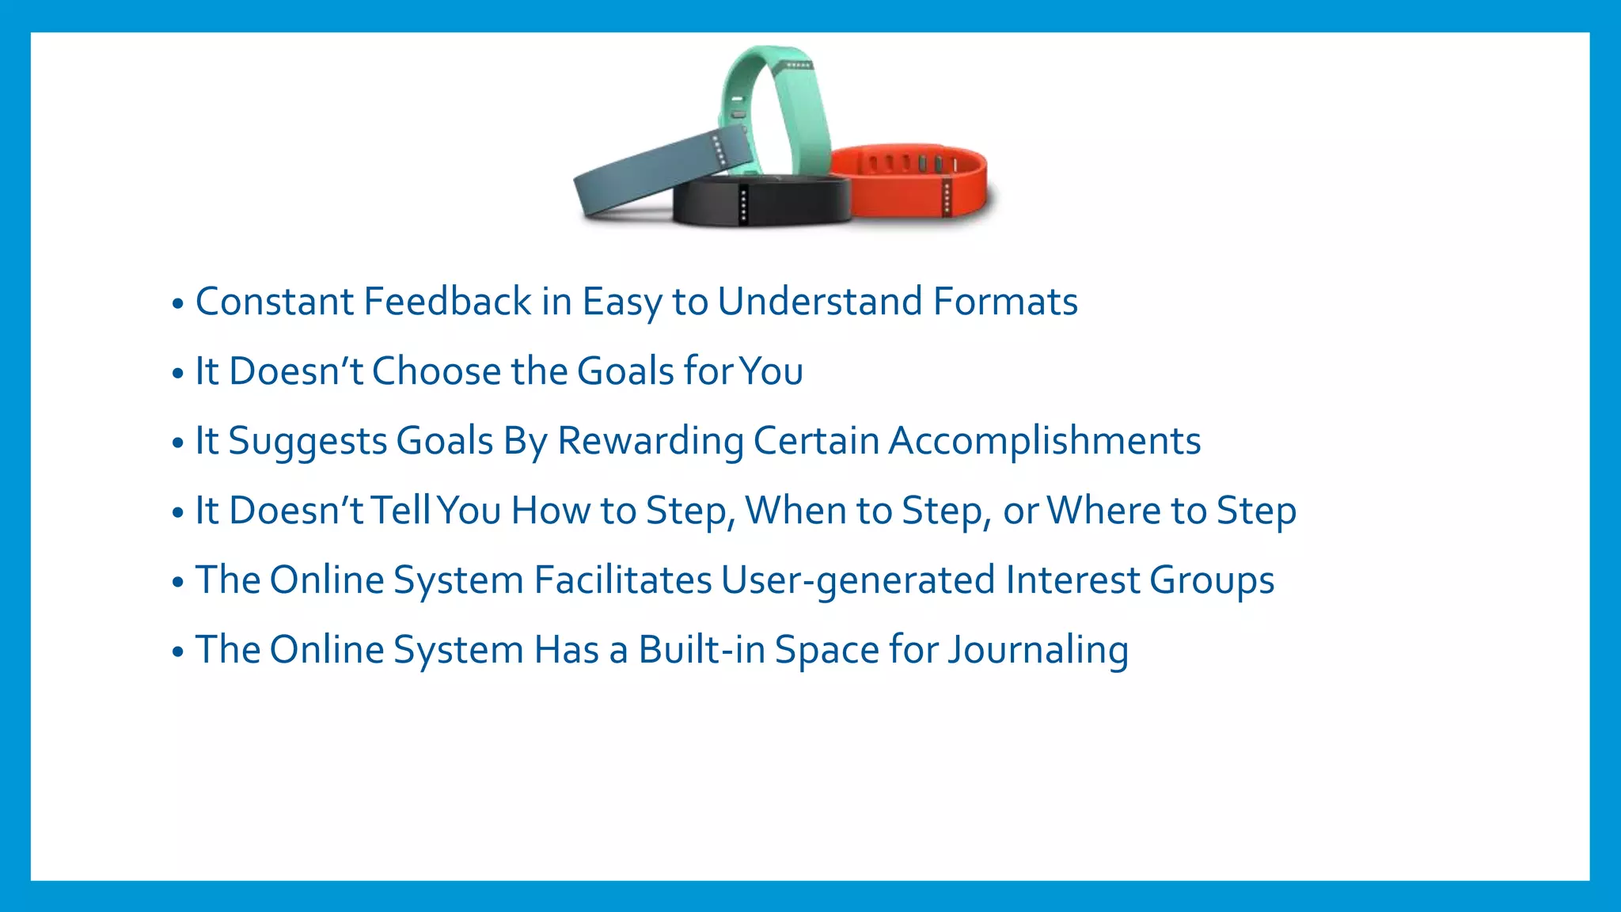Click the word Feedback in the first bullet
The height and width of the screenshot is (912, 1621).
click(x=447, y=302)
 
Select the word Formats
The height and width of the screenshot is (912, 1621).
click(x=1005, y=302)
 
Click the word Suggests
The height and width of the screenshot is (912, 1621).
click(x=307, y=441)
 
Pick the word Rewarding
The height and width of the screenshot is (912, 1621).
click(x=650, y=441)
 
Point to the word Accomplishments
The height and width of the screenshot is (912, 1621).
click(x=1045, y=441)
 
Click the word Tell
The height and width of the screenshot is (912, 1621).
click(x=401, y=511)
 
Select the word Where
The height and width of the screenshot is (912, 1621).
click(x=1104, y=511)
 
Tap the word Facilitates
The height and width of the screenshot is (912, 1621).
click(x=623, y=580)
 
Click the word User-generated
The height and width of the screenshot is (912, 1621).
click(x=858, y=580)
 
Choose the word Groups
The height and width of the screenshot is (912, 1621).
click(x=1212, y=580)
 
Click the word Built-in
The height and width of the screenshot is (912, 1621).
click(x=702, y=650)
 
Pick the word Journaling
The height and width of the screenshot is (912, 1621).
click(x=1038, y=650)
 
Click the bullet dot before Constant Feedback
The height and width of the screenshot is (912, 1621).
click(x=177, y=304)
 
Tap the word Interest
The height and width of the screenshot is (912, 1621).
click(x=1072, y=580)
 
